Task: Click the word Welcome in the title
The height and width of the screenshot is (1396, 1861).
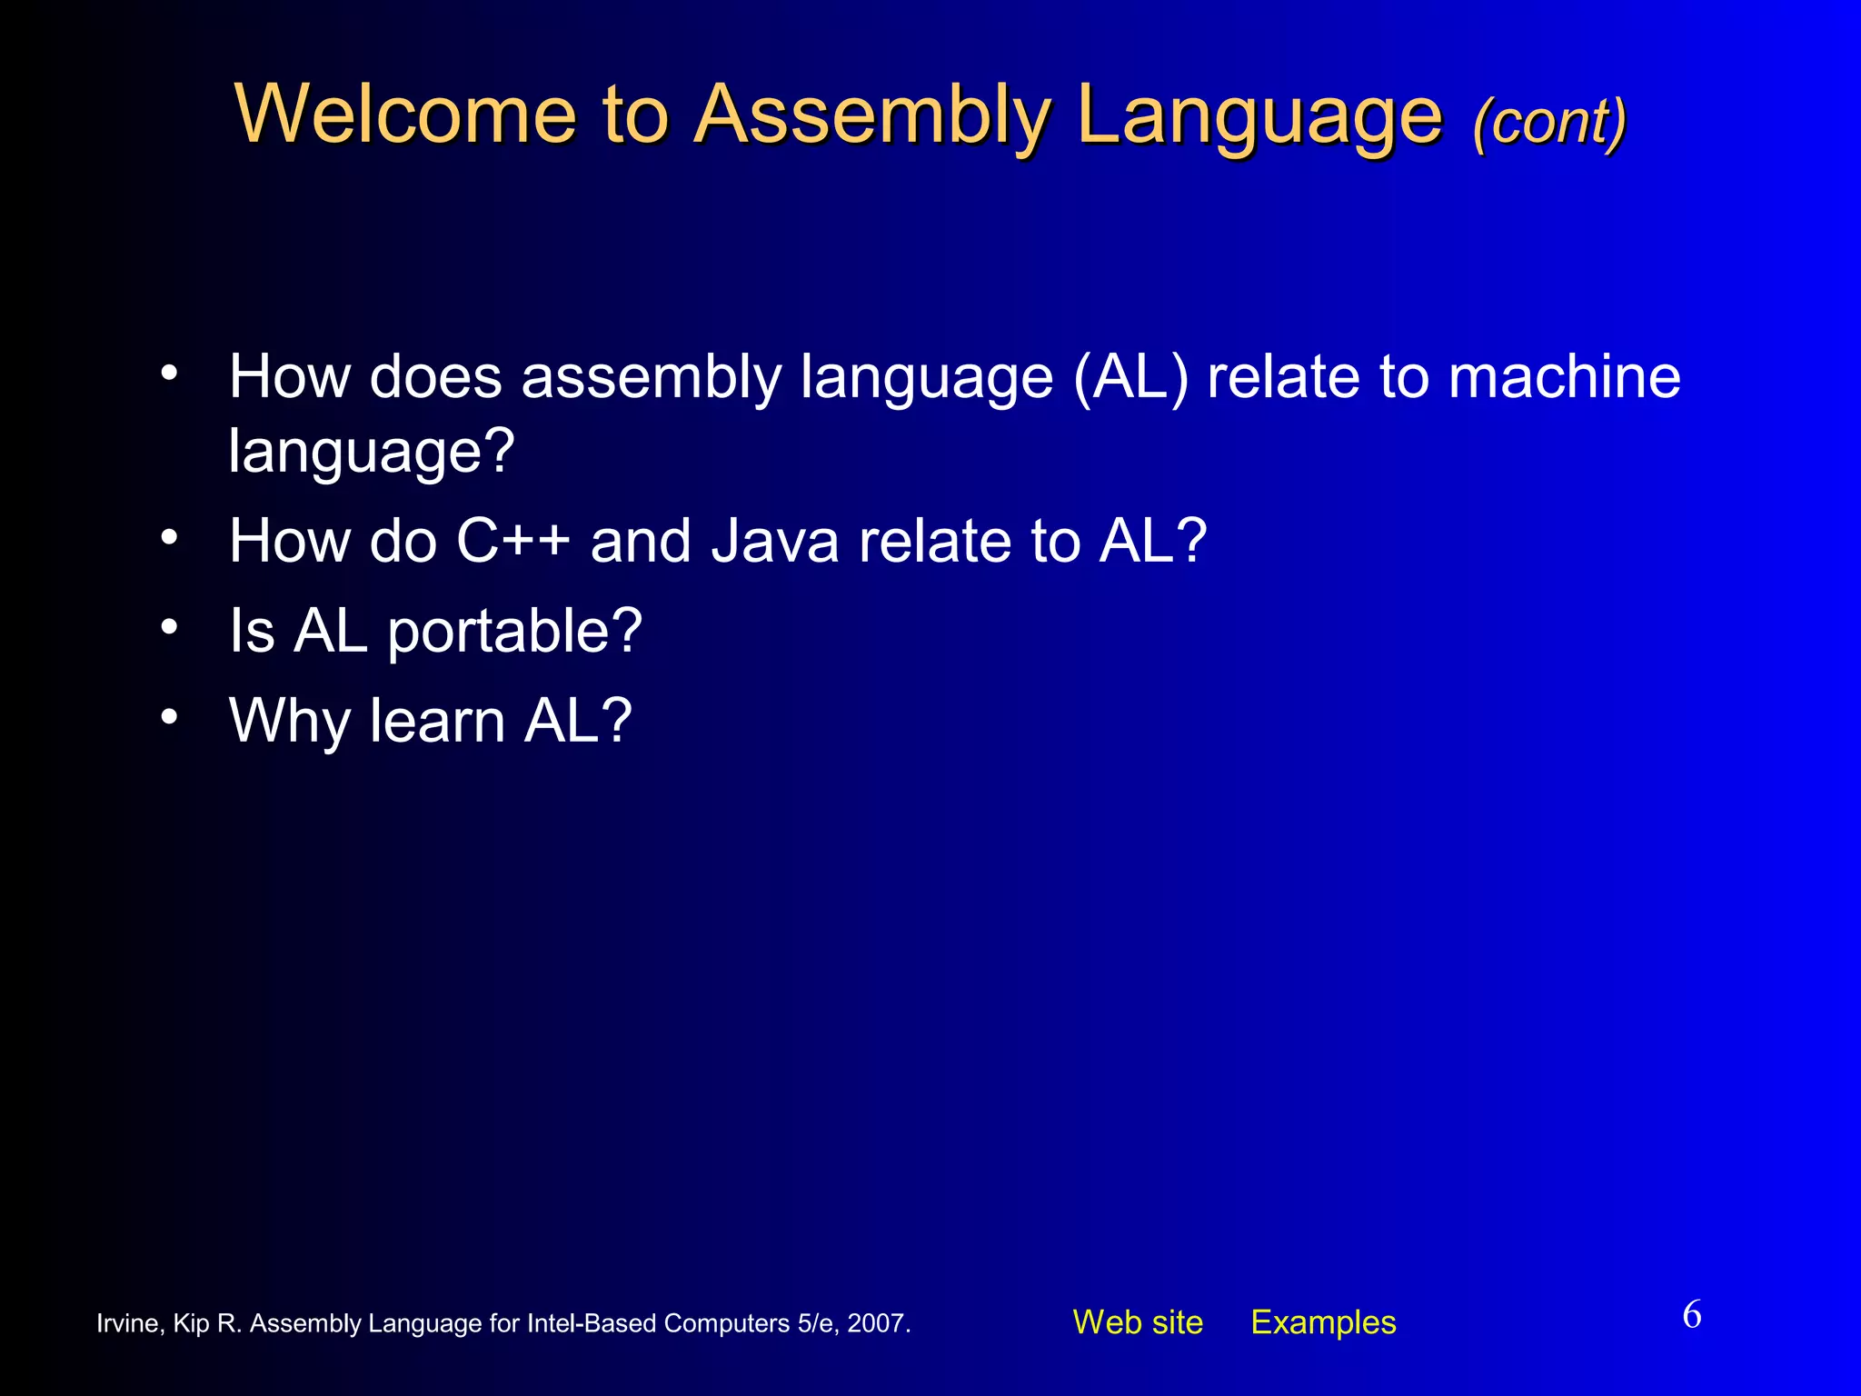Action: pos(405,115)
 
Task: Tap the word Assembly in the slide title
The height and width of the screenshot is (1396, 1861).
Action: pos(872,115)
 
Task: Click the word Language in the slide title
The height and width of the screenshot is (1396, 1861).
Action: pos(1259,116)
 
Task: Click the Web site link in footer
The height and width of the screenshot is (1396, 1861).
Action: pos(1138,1322)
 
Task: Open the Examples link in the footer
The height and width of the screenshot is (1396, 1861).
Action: pos(1323,1322)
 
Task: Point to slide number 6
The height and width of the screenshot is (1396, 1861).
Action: pos(1692,1315)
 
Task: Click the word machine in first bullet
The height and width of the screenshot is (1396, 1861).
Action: pos(1564,376)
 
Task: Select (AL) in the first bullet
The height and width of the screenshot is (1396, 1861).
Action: pos(1130,376)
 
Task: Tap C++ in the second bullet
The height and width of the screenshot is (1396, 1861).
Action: pos(513,541)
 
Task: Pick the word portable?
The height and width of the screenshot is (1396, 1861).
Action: pos(514,631)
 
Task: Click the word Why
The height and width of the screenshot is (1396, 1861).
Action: pos(290,721)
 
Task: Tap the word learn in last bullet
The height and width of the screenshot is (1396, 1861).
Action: pos(437,721)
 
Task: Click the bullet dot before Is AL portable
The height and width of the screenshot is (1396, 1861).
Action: pos(169,626)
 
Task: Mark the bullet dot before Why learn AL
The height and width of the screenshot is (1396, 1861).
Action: pos(169,716)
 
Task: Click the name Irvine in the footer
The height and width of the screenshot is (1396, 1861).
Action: pos(128,1323)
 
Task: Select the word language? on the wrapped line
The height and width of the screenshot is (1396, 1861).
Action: pos(371,451)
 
